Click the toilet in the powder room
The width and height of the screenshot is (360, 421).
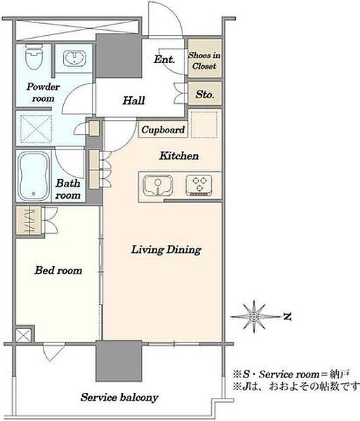[x=34, y=57]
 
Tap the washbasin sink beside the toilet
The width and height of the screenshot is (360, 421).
[x=74, y=58]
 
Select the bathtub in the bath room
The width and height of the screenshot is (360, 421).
[x=33, y=176]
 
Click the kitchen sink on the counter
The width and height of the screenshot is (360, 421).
[x=158, y=186]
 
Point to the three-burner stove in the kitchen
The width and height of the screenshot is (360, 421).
[x=199, y=185]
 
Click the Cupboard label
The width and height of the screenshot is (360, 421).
[x=164, y=130]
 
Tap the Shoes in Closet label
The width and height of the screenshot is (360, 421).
[x=204, y=60]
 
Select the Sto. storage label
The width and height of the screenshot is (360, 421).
[x=205, y=95]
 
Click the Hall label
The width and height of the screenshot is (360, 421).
[x=134, y=100]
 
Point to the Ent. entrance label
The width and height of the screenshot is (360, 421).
[x=164, y=60]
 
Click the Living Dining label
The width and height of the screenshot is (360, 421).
[x=166, y=250]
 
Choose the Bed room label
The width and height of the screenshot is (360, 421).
[x=58, y=270]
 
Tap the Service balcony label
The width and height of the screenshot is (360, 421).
[x=119, y=397]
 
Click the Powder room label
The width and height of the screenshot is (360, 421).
[x=44, y=93]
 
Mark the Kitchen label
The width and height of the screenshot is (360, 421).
[x=179, y=156]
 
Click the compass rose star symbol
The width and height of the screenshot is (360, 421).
[x=254, y=317]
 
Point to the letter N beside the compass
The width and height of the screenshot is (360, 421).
[x=287, y=317]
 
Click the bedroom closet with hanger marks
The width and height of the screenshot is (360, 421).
[x=29, y=220]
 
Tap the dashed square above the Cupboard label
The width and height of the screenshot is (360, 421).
[x=204, y=124]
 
